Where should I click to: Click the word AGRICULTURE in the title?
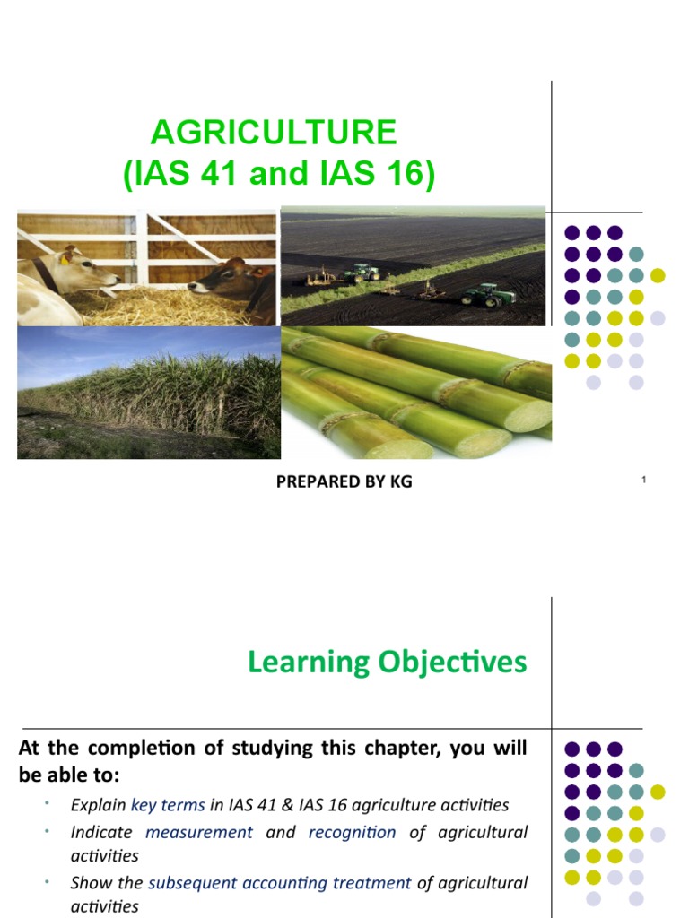point(273,134)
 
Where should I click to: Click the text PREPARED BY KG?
point(344,481)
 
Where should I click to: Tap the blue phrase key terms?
point(168,805)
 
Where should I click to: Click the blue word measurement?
point(199,832)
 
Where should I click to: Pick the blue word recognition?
point(352,832)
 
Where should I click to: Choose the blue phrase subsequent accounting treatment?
point(279,883)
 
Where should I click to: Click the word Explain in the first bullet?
point(98,805)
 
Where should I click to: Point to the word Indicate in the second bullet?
point(101,832)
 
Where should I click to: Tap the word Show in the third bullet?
point(90,883)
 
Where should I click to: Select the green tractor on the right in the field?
point(490,295)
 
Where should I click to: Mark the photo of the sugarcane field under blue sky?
point(149,393)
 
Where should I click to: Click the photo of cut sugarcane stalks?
point(416,393)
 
